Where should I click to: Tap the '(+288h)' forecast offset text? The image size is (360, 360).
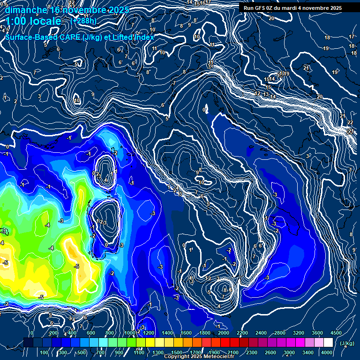pyautogui.click(x=83, y=21)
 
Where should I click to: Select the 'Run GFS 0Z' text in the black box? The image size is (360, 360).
pyautogui.click(x=259, y=8)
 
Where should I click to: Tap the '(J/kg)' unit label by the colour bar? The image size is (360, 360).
pyautogui.click(x=346, y=343)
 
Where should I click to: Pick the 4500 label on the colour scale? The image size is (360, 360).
pyautogui.click(x=336, y=333)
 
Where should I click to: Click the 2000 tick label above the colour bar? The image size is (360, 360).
pyautogui.click(x=224, y=333)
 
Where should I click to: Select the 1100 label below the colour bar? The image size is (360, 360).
pyautogui.click(x=139, y=352)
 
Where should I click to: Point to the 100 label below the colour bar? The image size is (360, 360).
pyautogui.click(x=44, y=352)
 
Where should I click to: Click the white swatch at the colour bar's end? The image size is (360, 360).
pyautogui.click(x=328, y=343)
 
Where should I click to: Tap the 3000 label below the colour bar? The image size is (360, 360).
pyautogui.click(x=289, y=352)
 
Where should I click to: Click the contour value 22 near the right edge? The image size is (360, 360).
pyautogui.click(x=350, y=122)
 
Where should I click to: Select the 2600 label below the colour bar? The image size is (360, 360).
pyautogui.click(x=270, y=352)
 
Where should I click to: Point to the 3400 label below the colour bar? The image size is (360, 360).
pyautogui.click(x=308, y=352)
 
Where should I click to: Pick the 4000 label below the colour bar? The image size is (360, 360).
pyautogui.click(x=327, y=352)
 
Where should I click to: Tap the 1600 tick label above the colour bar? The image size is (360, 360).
pyautogui.click(x=186, y=333)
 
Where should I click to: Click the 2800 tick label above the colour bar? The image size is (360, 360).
pyautogui.click(x=280, y=333)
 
